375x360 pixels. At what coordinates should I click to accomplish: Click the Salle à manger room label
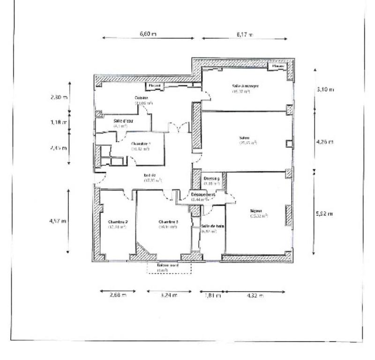[x=246, y=86]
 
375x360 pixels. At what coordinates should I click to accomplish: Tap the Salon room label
[x=244, y=138]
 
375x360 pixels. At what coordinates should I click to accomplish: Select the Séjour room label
[x=257, y=211]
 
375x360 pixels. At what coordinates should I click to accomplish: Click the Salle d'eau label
[x=121, y=121]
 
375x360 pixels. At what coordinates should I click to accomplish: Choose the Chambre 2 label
[x=118, y=222]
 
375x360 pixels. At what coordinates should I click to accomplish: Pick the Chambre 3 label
[x=168, y=222]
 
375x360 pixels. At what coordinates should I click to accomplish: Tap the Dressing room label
[x=211, y=178]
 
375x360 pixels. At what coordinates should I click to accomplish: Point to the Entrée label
[x=150, y=176]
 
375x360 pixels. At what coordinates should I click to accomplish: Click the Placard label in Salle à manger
[x=278, y=67]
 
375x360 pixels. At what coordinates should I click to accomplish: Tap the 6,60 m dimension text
[x=148, y=34]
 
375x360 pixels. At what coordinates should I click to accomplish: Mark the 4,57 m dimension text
[x=59, y=221]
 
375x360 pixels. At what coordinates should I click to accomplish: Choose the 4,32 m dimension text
[x=255, y=295]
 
